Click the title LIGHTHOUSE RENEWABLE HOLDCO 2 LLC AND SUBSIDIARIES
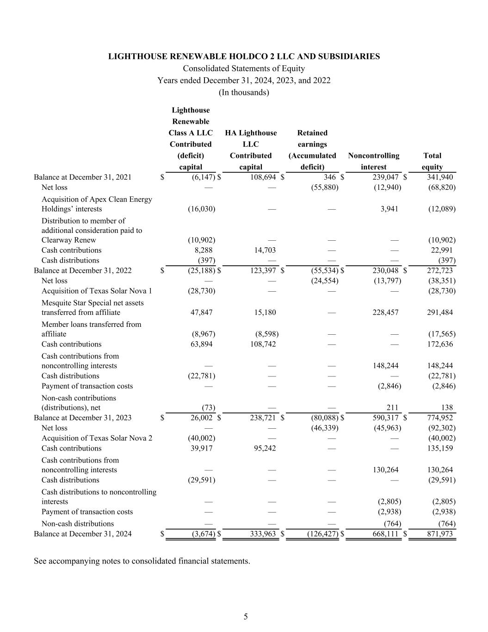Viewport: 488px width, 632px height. point(244,56)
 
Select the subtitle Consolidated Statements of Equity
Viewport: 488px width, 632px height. point(244,69)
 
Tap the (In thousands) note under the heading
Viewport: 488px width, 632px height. point(244,92)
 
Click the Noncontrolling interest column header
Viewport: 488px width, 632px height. point(373,161)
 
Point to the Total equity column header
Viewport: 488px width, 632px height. point(432,161)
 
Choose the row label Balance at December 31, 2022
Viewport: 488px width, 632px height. point(82,270)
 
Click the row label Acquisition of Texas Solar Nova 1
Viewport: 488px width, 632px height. point(97,291)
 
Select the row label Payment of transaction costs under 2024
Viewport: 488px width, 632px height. point(87,512)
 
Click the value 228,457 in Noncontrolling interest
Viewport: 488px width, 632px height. point(385,312)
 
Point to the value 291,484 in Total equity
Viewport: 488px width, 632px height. point(440,312)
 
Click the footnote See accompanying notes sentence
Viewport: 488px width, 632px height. point(142,561)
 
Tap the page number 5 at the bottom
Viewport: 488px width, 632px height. point(246,616)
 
